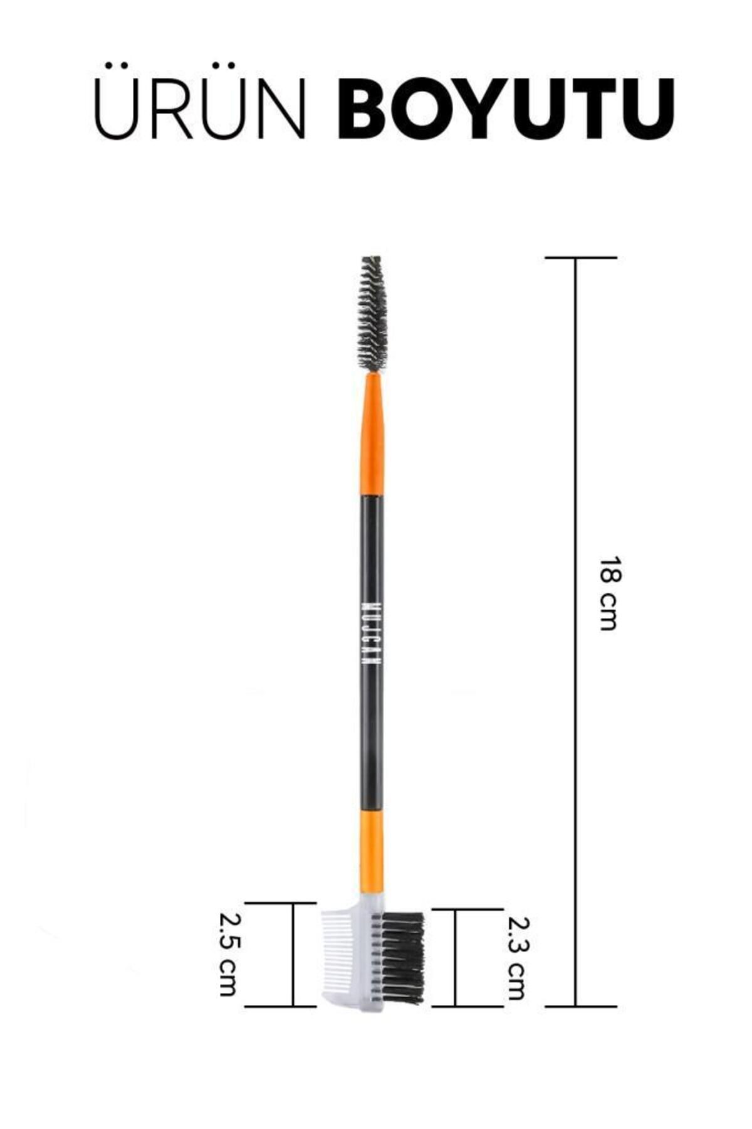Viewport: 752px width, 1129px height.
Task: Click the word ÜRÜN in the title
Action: [199, 100]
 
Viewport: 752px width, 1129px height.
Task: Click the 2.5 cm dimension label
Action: [227, 953]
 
